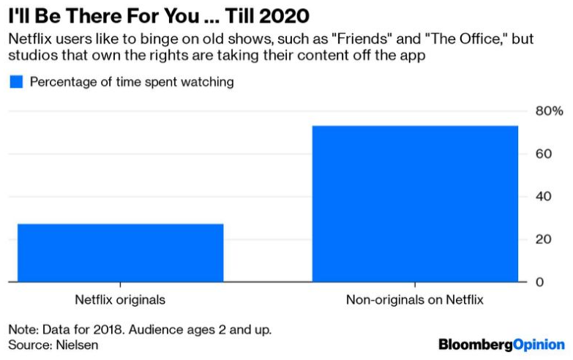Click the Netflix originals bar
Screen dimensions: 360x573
(121, 252)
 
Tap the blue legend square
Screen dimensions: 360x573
(16, 82)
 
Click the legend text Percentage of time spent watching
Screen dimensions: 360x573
(132, 82)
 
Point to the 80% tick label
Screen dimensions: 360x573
(549, 111)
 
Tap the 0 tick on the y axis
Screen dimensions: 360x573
(540, 282)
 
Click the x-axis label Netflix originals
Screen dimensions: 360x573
(120, 300)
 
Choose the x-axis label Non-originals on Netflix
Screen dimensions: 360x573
(415, 300)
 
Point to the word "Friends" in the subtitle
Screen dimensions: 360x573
(299, 38)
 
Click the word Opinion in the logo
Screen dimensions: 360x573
(539, 344)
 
